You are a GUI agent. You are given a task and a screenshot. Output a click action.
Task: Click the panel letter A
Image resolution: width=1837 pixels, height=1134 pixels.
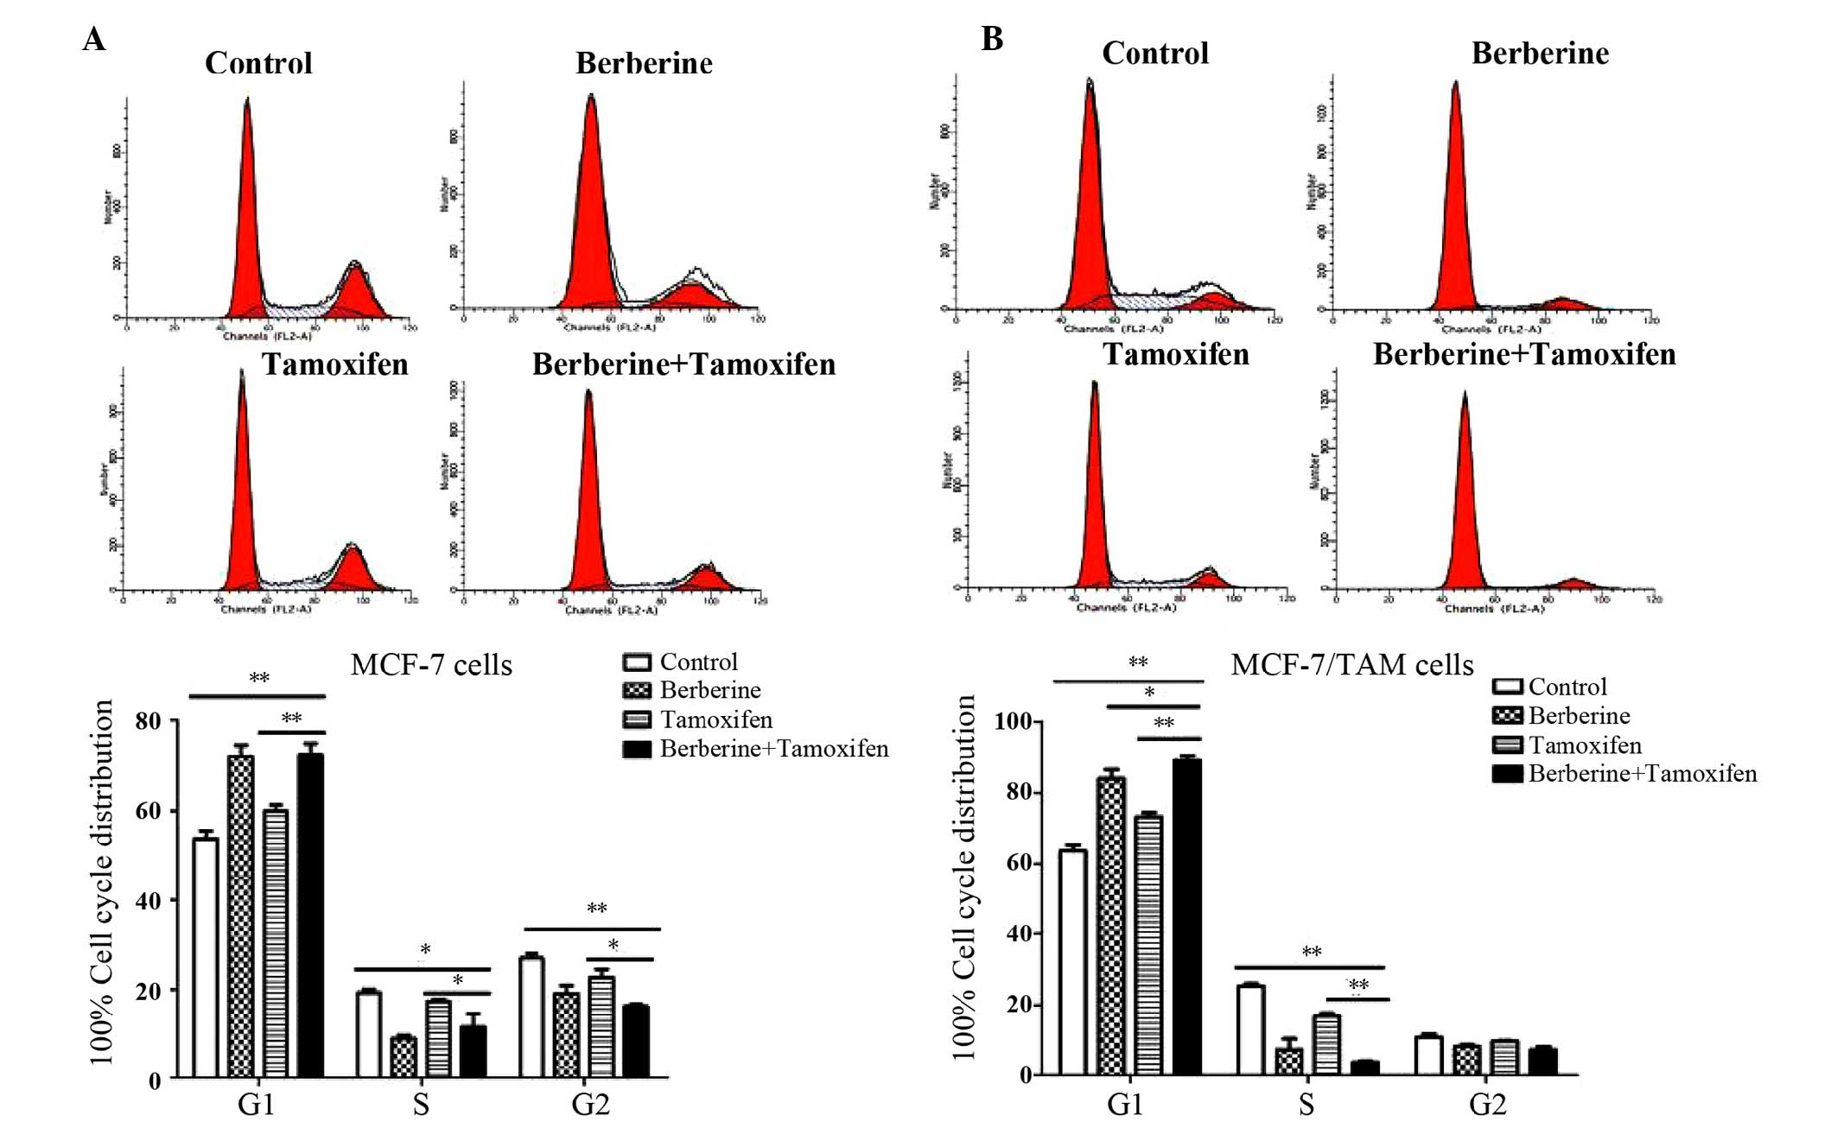(x=94, y=40)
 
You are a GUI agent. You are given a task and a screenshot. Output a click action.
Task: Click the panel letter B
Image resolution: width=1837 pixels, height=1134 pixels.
(x=992, y=39)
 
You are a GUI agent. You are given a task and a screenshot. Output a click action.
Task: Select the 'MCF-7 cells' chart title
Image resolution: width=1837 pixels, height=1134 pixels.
(x=431, y=665)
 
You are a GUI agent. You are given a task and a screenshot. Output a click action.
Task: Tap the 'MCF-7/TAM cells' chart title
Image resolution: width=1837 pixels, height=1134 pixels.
(x=1351, y=664)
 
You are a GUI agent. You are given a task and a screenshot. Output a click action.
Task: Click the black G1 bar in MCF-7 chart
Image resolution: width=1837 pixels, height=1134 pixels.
(x=310, y=915)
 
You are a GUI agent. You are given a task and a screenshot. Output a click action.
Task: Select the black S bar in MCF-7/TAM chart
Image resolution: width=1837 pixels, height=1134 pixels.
(x=1364, y=1067)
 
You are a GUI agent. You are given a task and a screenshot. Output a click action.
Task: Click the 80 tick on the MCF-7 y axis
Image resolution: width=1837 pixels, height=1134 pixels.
(x=149, y=721)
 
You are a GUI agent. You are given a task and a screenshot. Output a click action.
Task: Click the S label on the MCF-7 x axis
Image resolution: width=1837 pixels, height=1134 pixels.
(x=421, y=1105)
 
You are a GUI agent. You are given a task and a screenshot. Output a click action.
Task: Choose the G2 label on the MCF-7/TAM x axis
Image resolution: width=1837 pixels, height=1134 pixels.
(x=1487, y=1105)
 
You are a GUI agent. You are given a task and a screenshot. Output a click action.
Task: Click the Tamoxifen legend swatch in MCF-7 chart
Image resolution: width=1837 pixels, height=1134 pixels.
(x=637, y=720)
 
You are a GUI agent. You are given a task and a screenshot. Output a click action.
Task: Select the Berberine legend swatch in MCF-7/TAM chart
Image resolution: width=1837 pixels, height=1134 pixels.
(x=1507, y=716)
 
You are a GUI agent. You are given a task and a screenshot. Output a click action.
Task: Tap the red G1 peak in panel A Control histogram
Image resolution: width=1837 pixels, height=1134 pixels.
(x=247, y=216)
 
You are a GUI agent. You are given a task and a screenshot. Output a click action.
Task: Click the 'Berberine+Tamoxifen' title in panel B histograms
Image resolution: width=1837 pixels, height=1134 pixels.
(x=1524, y=354)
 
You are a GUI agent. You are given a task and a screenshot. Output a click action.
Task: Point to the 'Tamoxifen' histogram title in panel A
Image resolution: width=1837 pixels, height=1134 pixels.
(x=335, y=364)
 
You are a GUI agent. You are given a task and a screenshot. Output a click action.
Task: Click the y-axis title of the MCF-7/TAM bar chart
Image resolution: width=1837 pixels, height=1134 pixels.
(x=963, y=877)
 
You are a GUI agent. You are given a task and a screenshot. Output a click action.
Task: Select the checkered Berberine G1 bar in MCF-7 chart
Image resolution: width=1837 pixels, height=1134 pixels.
(x=241, y=915)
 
